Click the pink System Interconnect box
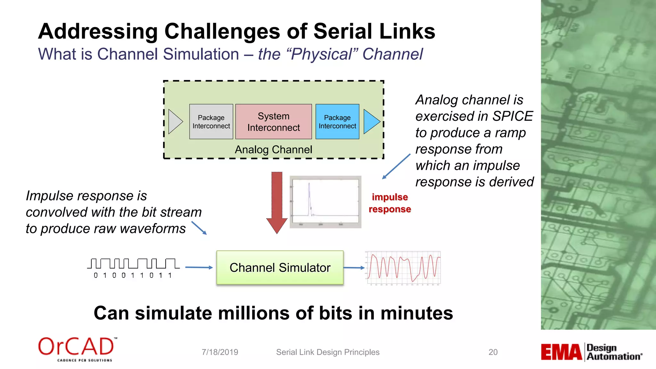pyautogui.click(x=274, y=122)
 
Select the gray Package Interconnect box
pyautogui.click(x=211, y=122)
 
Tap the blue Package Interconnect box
pyautogui.click(x=337, y=122)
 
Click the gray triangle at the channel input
pyautogui.click(x=175, y=122)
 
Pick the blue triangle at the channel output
pyautogui.click(x=371, y=122)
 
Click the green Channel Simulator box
pyautogui.click(x=280, y=268)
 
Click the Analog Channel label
pyautogui.click(x=273, y=150)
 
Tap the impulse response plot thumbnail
pyautogui.click(x=325, y=202)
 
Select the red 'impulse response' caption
pyautogui.click(x=389, y=203)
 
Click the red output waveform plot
pyautogui.click(x=404, y=268)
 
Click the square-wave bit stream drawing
pyautogui.click(x=133, y=264)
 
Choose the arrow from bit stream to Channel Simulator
pyautogui.click(x=199, y=267)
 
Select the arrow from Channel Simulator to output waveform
pyautogui.click(x=354, y=268)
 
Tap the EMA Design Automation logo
pyautogui.click(x=591, y=352)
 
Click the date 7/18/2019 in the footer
pyautogui.click(x=220, y=352)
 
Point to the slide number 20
pyautogui.click(x=493, y=352)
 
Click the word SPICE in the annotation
pyautogui.click(x=512, y=116)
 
